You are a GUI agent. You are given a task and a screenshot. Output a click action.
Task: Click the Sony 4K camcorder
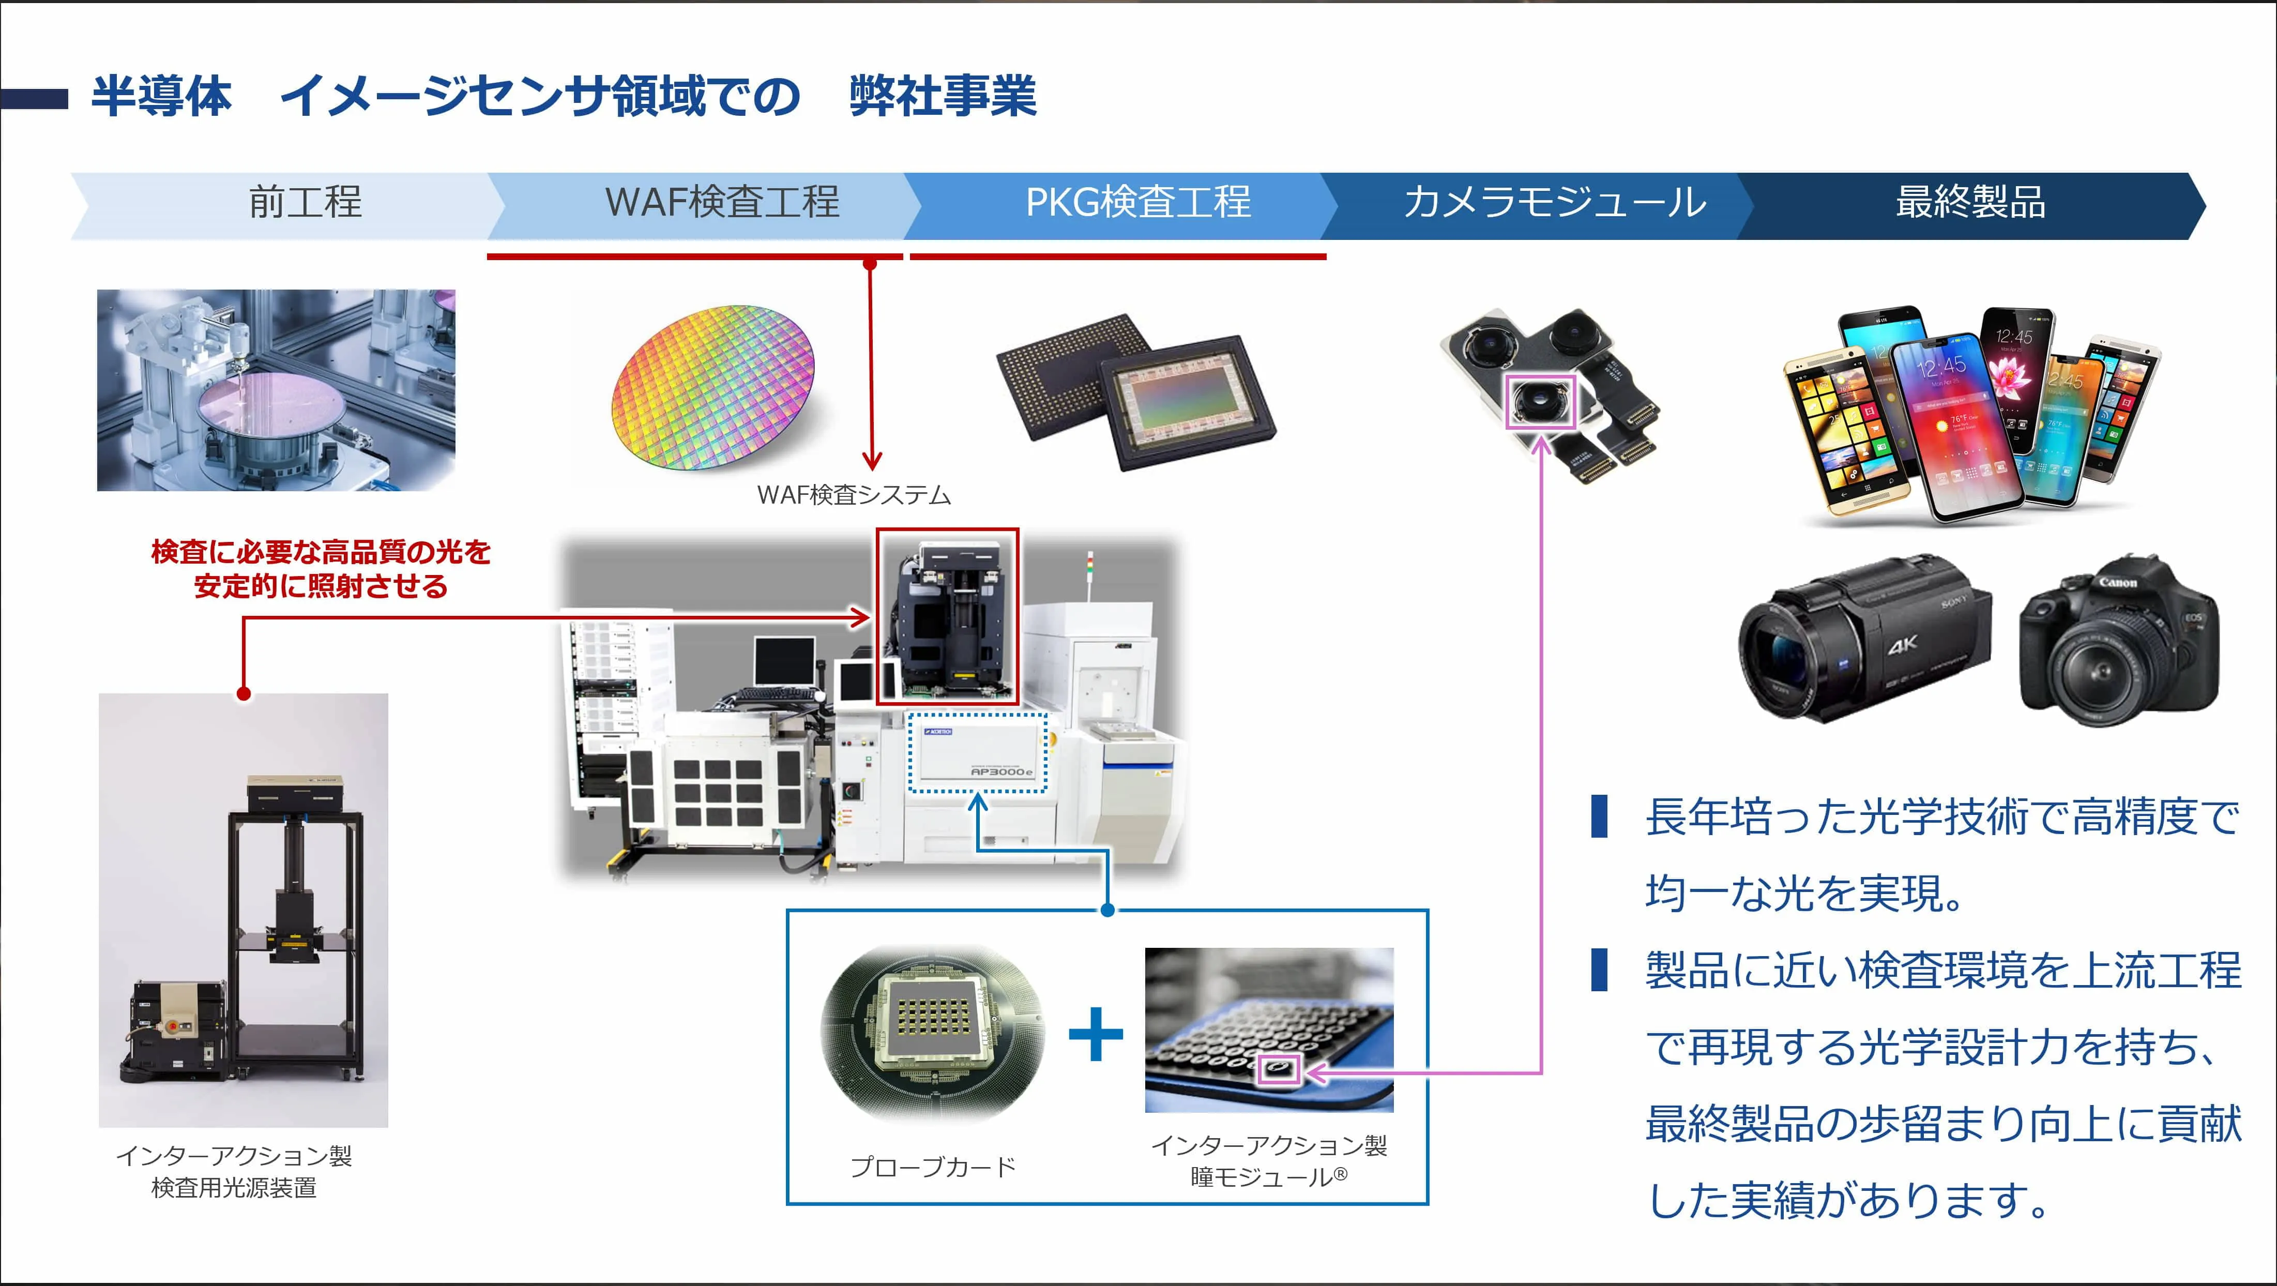point(1865,641)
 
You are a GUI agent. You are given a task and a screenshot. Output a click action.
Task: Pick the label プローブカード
point(933,1167)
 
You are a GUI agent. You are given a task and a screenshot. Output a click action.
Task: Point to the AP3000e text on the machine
point(1001,771)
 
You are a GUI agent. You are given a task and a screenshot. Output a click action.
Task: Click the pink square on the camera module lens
point(1541,402)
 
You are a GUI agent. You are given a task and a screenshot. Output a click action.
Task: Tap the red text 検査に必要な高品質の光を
point(321,552)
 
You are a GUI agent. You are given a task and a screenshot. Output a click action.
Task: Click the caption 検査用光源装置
point(234,1188)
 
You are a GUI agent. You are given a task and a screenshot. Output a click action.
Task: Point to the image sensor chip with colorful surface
point(1185,402)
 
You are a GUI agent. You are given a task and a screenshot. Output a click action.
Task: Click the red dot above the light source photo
point(244,694)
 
